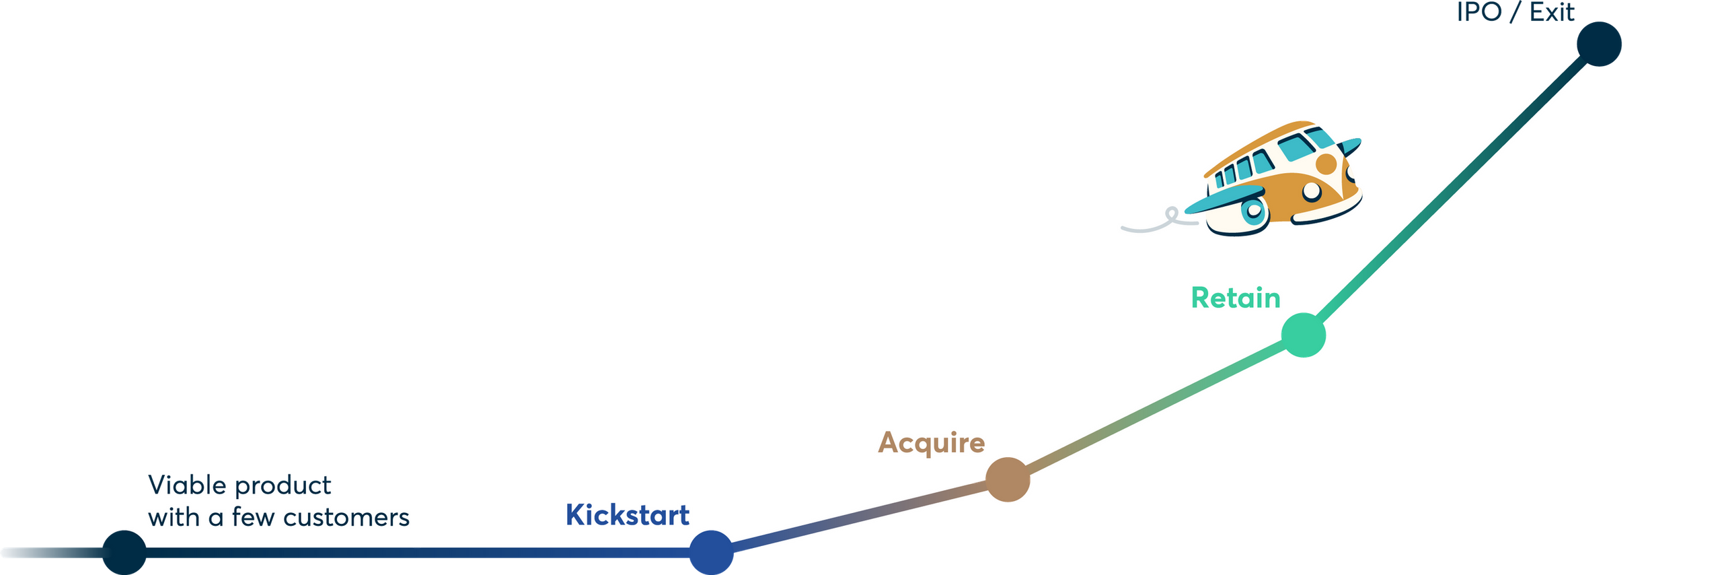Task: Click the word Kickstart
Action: tap(627, 516)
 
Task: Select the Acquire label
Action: tap(932, 443)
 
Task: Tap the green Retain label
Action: tap(1236, 298)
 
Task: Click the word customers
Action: tap(346, 518)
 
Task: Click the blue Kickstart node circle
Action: tap(712, 553)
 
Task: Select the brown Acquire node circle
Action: tap(1008, 479)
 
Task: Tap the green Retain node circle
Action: tap(1304, 335)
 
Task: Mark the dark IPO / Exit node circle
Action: tap(1600, 44)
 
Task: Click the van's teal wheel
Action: tap(1253, 211)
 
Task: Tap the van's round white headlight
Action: tap(1312, 192)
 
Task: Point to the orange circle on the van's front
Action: tap(1326, 164)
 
